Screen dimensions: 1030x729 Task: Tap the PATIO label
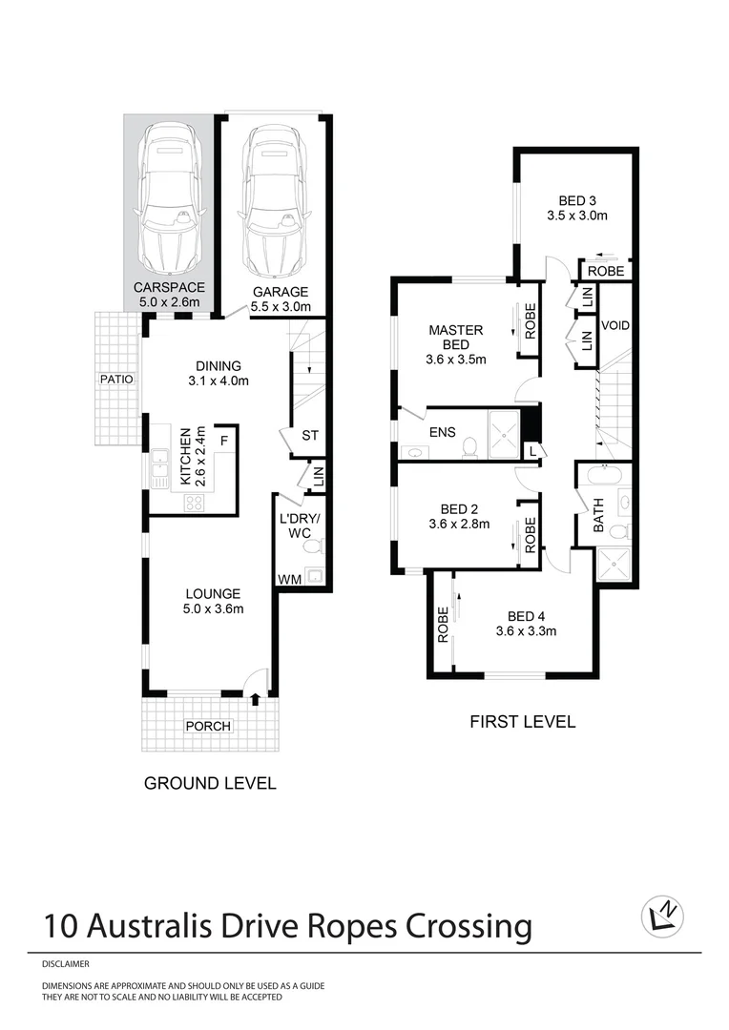coord(115,379)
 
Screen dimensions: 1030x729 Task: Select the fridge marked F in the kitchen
coord(223,441)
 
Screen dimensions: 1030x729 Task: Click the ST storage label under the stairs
coord(309,436)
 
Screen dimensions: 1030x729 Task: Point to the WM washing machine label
coord(288,579)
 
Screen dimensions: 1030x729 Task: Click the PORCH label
coord(208,726)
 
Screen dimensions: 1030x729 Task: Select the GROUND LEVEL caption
coord(210,783)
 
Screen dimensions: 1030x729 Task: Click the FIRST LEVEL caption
coord(522,721)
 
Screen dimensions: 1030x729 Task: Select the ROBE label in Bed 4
coord(443,625)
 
